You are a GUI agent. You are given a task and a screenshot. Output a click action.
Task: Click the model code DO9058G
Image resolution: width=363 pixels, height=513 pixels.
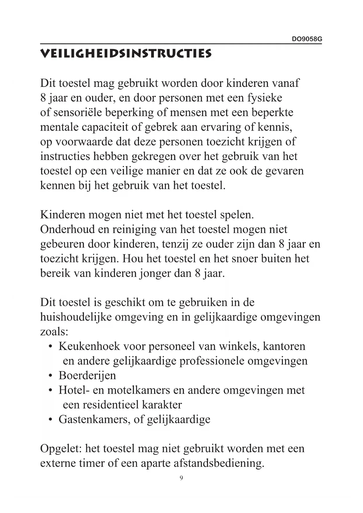pyautogui.click(x=307, y=39)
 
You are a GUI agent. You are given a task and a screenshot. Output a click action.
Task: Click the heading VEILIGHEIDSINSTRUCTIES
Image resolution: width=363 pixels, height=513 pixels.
pyautogui.click(x=125, y=54)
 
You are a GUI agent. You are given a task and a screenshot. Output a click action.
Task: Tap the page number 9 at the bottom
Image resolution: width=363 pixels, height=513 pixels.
pyautogui.click(x=181, y=478)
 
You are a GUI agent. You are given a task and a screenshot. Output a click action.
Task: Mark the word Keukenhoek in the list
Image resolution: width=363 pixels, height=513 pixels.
pyautogui.click(x=89, y=346)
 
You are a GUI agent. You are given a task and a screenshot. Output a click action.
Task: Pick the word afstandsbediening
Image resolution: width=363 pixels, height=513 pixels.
pyautogui.click(x=219, y=463)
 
